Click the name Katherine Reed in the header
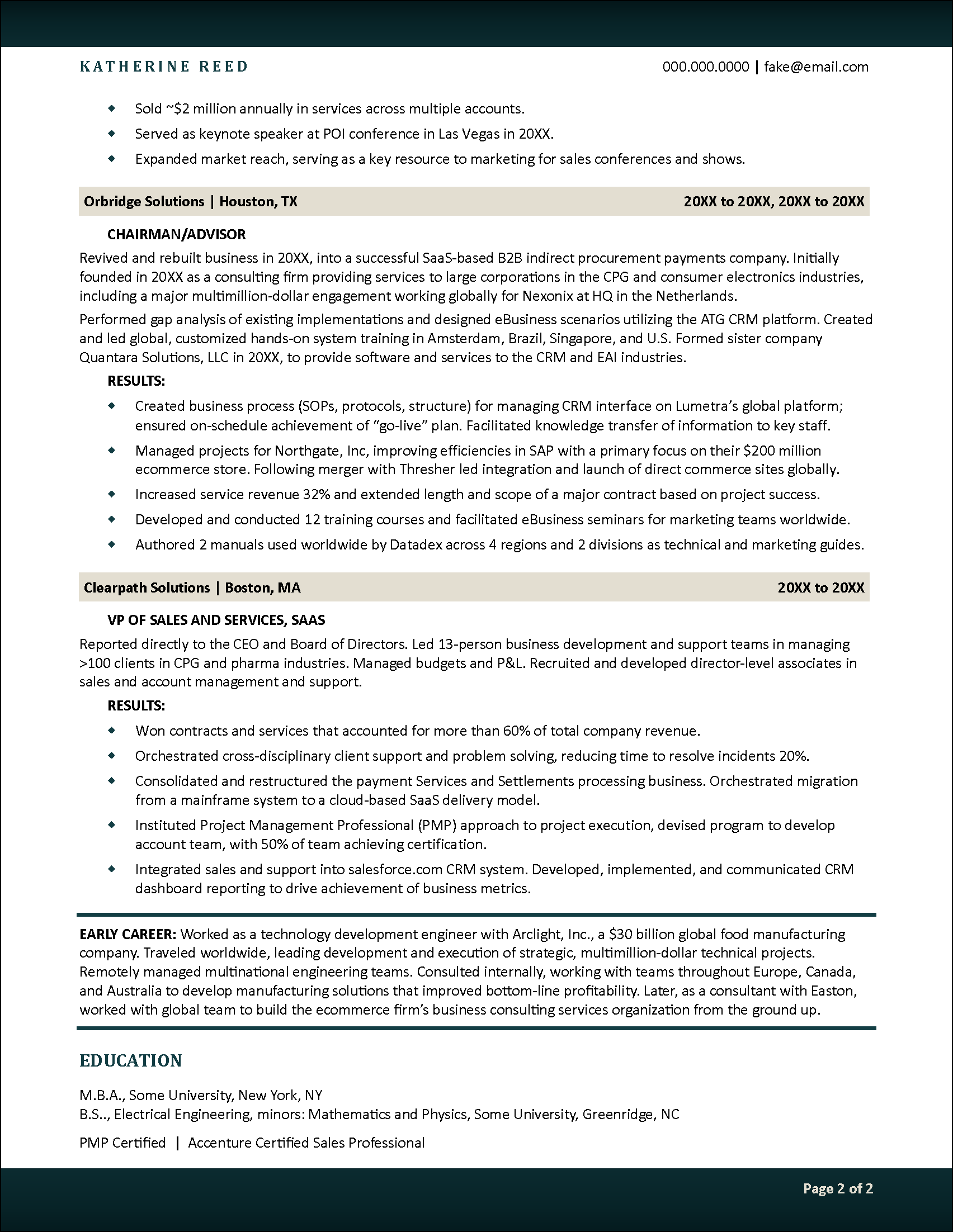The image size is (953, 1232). click(x=164, y=67)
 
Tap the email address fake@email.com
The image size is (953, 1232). click(x=816, y=67)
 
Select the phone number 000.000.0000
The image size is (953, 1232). click(x=705, y=67)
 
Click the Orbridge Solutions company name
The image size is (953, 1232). click(x=144, y=201)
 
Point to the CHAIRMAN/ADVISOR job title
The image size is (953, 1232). click(x=177, y=234)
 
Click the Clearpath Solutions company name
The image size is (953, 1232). click(x=147, y=587)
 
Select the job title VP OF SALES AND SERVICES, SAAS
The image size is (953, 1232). click(x=216, y=620)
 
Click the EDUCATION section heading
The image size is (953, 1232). click(x=130, y=1060)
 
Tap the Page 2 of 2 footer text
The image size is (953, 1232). click(x=838, y=1188)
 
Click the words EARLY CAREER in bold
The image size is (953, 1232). click(x=128, y=934)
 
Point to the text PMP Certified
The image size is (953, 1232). click(x=122, y=1143)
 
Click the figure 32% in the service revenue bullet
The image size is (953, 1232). click(x=317, y=494)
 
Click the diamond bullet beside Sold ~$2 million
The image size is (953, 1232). click(x=111, y=108)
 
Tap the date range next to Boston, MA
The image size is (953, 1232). click(x=820, y=587)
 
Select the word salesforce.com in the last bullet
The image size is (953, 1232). click(x=395, y=869)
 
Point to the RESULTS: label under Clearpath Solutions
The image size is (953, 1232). click(x=136, y=705)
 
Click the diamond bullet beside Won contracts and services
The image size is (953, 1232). click(x=111, y=730)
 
